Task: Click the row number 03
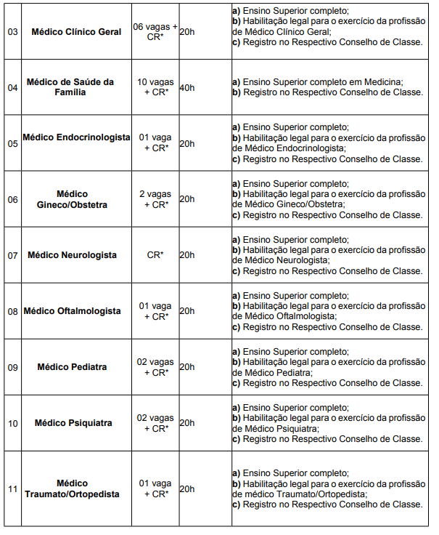(13, 32)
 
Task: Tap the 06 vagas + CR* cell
(155, 32)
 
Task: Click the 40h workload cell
(186, 88)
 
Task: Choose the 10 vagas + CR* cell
(155, 87)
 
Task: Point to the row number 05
(13, 143)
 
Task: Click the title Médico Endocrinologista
(76, 137)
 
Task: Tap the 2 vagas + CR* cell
(155, 199)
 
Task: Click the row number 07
(13, 255)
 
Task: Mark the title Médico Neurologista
(73, 255)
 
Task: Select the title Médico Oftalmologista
(73, 311)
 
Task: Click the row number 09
(13, 367)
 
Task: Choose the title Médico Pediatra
(73, 367)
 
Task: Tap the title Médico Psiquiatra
(73, 423)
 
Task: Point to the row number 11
(13, 488)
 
